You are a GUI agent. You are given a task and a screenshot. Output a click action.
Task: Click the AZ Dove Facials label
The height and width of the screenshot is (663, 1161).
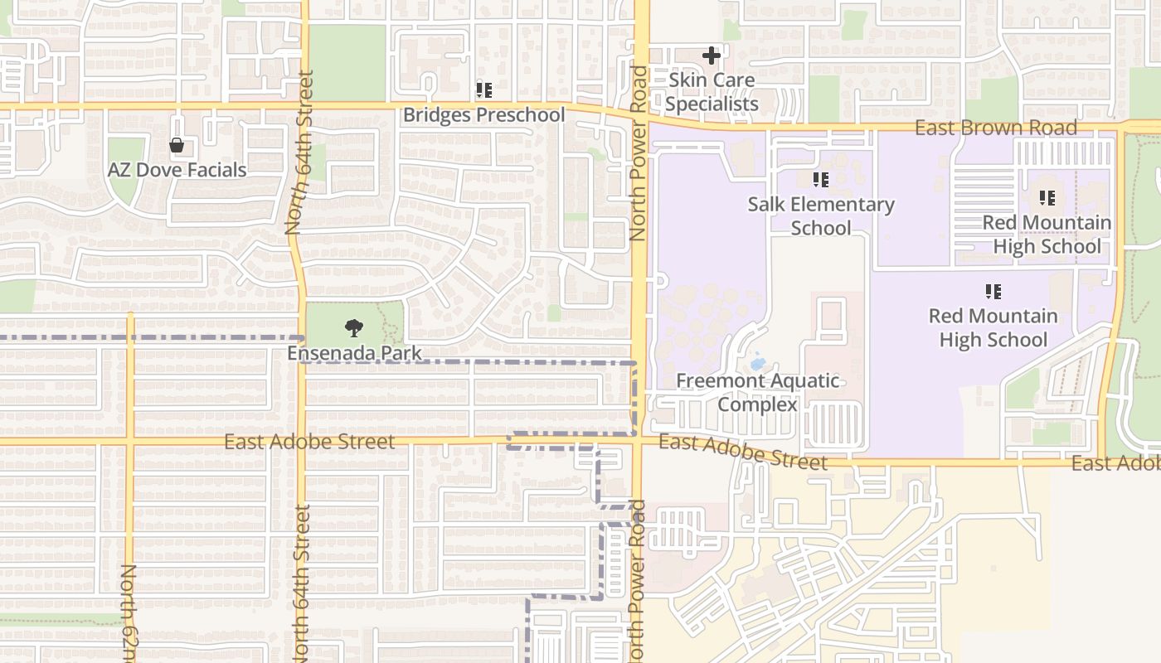(x=177, y=170)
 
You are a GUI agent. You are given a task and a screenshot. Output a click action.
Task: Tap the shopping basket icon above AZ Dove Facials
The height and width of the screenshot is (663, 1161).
(x=177, y=146)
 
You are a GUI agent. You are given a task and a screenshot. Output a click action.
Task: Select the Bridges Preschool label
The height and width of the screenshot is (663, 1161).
(x=483, y=114)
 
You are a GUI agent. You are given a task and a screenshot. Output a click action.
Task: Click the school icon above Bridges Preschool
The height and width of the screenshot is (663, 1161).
(x=483, y=90)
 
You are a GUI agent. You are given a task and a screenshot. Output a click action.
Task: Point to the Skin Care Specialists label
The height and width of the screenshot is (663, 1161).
(x=712, y=92)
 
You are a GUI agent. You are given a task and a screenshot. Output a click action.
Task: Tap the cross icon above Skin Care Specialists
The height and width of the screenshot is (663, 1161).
(x=712, y=56)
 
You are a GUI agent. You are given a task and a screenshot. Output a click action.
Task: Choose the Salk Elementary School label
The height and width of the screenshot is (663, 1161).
(x=821, y=215)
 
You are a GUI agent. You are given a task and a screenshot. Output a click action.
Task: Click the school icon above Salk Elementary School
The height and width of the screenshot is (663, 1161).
(x=821, y=180)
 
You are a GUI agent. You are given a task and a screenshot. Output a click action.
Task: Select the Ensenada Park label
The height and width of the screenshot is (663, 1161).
(x=354, y=353)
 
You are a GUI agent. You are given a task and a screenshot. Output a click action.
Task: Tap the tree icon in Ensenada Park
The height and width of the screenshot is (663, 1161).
(x=354, y=328)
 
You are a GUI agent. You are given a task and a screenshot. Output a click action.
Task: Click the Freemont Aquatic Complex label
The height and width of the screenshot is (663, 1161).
(x=757, y=393)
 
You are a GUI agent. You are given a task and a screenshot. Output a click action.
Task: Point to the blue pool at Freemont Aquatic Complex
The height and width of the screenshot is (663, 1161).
(x=757, y=363)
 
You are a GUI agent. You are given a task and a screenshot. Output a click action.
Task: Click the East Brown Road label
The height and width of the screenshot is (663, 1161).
(x=996, y=128)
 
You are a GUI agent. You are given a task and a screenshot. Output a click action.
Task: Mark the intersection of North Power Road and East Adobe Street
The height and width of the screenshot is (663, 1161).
(x=639, y=440)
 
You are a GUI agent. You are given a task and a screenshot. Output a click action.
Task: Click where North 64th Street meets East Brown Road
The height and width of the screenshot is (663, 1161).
(x=304, y=106)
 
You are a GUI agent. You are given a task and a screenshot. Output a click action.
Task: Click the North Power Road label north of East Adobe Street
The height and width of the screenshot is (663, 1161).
(x=638, y=153)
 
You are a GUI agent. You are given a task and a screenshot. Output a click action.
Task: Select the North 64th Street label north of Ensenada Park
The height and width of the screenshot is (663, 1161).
(x=299, y=153)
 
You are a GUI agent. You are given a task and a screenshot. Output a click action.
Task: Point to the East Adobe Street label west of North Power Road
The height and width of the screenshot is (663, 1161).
(x=309, y=442)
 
